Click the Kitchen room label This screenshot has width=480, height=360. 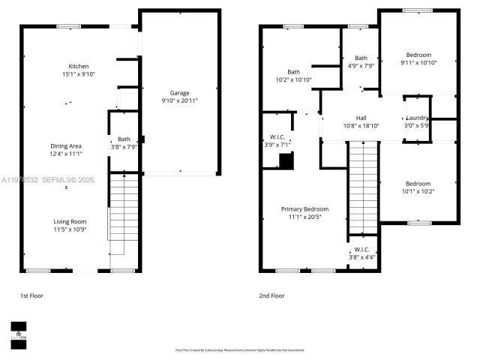tap(79, 66)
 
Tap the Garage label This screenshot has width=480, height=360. tap(178, 93)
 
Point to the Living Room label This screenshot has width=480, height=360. tap(70, 221)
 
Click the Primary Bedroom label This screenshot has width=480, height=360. tap(304, 208)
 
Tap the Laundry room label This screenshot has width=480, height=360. tap(417, 118)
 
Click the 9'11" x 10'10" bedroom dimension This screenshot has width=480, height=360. tap(419, 62)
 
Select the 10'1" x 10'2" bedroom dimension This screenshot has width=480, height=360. tap(418, 191)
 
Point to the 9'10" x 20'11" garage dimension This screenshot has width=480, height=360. tap(179, 100)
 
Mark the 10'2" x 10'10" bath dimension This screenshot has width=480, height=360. tap(294, 79)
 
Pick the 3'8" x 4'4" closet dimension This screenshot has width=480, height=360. tap(361, 257)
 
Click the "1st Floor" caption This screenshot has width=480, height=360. tap(32, 295)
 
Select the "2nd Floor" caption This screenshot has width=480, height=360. tap(272, 295)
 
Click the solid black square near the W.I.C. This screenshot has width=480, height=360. tap(285, 160)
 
